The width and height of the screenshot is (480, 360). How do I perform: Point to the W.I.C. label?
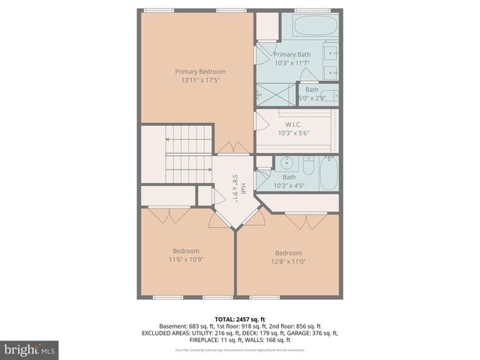coord(294,124)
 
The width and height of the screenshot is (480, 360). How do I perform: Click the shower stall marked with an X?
coord(266,94)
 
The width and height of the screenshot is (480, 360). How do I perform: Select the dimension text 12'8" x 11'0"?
coord(288,262)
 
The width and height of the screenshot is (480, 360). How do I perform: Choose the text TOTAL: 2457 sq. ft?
coord(240,319)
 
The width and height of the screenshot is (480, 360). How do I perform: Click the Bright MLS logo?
coord(30,349)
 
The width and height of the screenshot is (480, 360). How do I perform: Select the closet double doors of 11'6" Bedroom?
coord(169,215)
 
